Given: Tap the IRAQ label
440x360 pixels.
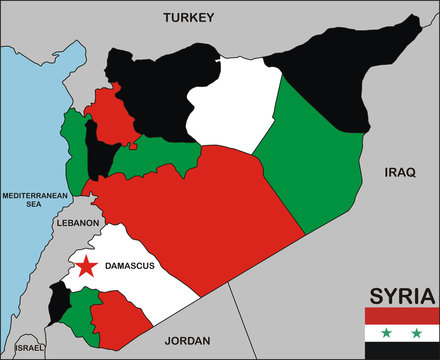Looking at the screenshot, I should click(399, 173).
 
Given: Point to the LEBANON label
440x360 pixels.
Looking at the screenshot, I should click(78, 223).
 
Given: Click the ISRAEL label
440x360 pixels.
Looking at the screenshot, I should click(30, 348).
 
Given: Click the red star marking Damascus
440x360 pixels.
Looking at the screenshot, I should click(87, 265).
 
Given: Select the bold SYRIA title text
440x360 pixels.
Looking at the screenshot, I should click(402, 296).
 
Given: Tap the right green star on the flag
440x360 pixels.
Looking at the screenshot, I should click(416, 331).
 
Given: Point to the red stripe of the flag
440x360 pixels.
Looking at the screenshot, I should click(401, 315).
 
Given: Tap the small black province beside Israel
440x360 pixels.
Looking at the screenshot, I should click(59, 299).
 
